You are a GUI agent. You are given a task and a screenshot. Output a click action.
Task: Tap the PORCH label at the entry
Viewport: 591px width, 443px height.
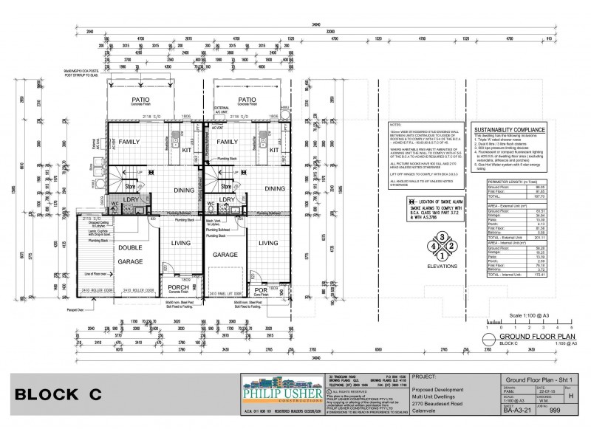point(179,287)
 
